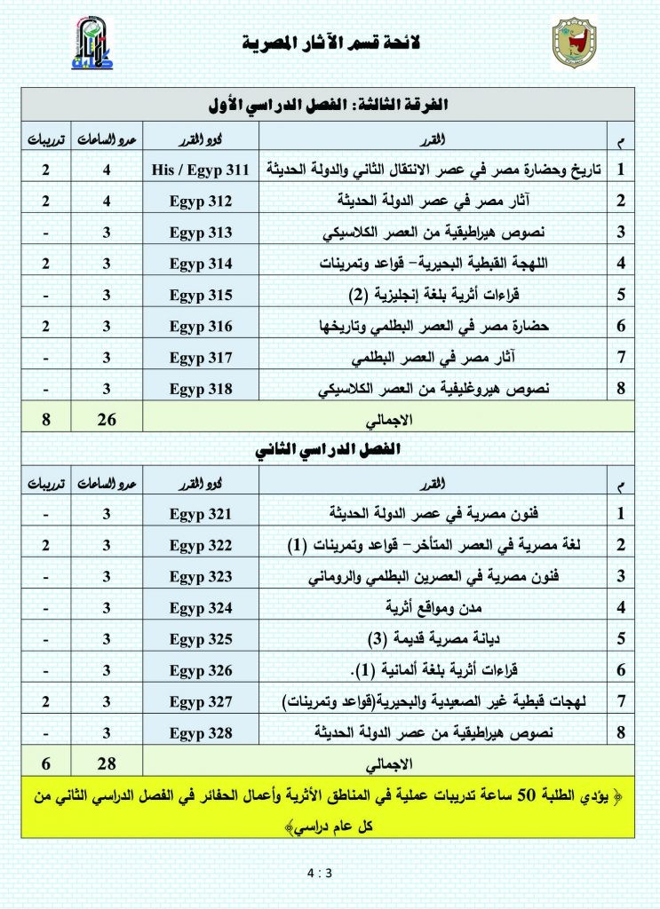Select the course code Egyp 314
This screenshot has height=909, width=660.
(x=201, y=263)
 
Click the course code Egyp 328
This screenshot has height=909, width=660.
(x=201, y=733)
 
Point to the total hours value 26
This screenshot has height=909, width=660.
(x=106, y=418)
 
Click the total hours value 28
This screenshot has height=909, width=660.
(x=106, y=763)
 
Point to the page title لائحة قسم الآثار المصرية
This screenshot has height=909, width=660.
(x=330, y=43)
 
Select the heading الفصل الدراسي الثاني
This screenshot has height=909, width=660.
(x=330, y=450)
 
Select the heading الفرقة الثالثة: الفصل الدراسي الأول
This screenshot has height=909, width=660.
(x=330, y=104)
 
